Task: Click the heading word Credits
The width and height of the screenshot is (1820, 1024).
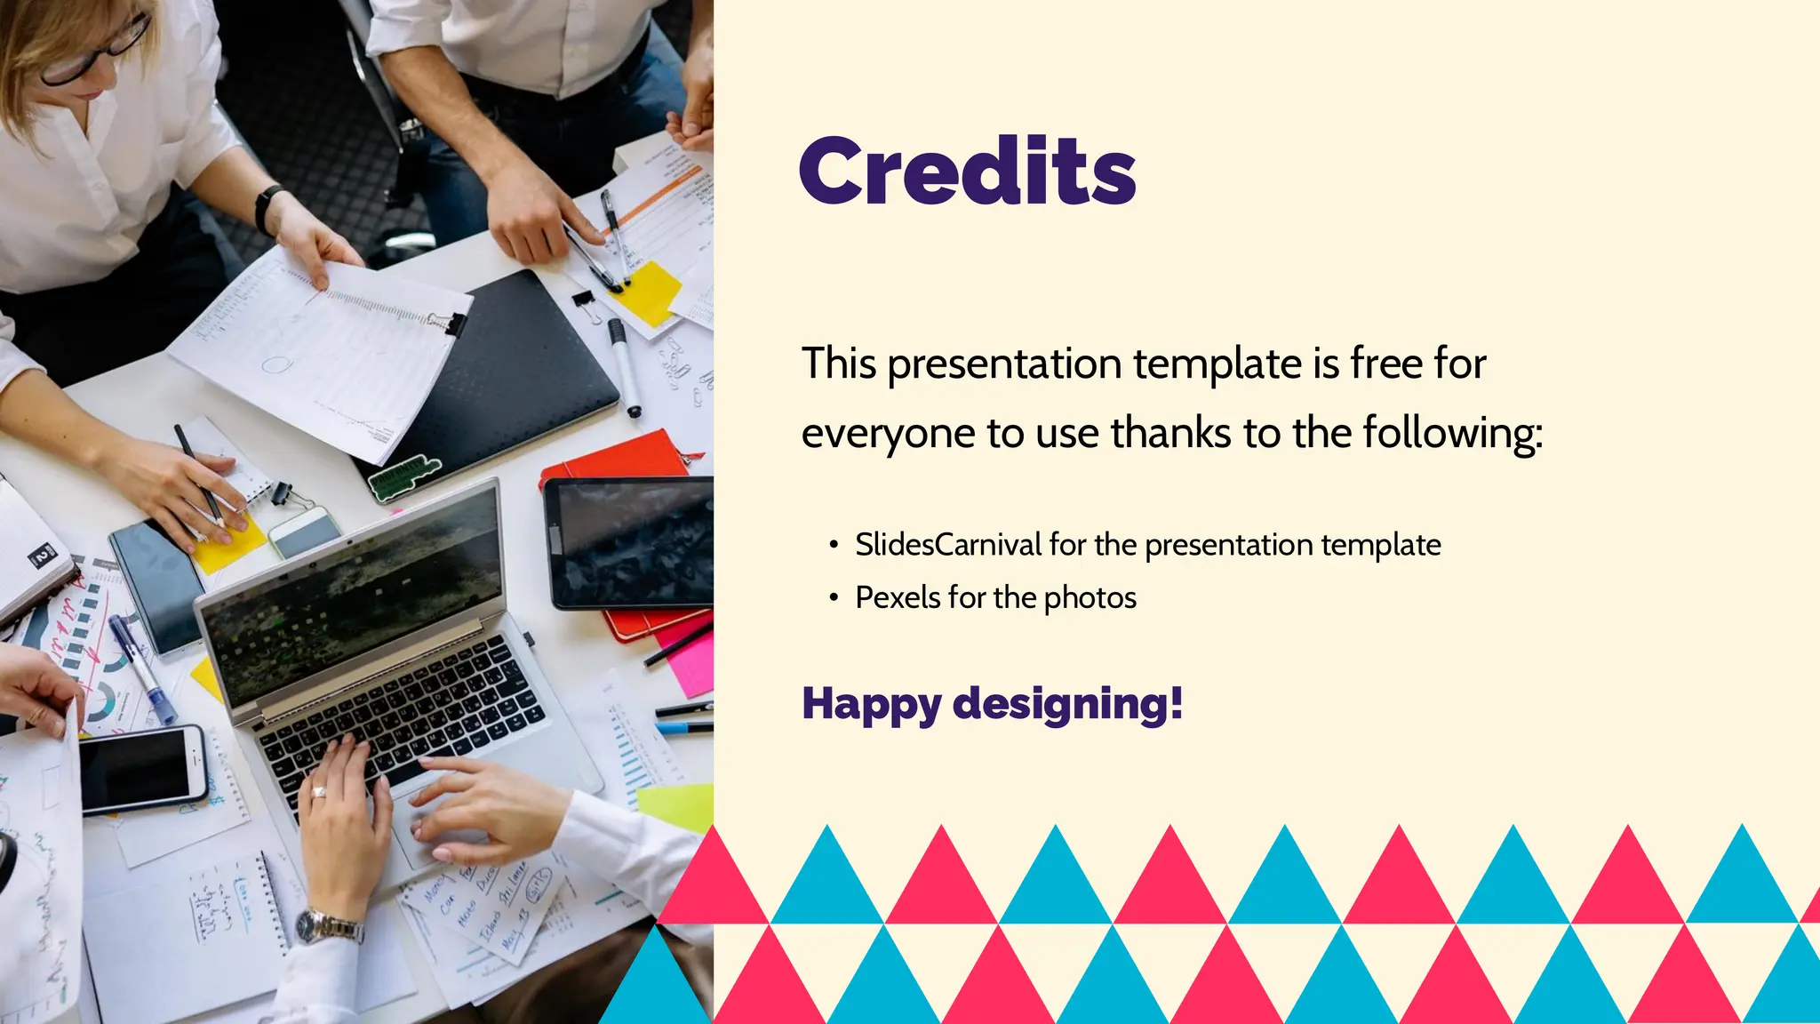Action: pyautogui.click(x=967, y=171)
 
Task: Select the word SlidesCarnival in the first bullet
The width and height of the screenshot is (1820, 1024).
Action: pyautogui.click(x=947, y=545)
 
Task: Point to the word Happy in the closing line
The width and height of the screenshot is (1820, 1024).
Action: pyautogui.click(x=871, y=704)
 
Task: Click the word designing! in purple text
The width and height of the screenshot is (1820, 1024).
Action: pyautogui.click(x=1067, y=704)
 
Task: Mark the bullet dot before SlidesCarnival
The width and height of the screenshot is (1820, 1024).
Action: pyautogui.click(x=833, y=545)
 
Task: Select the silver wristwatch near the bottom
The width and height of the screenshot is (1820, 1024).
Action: pyautogui.click(x=329, y=927)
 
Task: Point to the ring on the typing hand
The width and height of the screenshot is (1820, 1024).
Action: pyautogui.click(x=318, y=792)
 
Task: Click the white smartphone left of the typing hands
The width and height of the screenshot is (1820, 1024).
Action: pyautogui.click(x=142, y=770)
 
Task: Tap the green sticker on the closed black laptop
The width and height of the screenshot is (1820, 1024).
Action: pyautogui.click(x=404, y=477)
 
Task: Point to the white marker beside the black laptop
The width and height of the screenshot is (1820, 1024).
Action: pyautogui.click(x=624, y=366)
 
